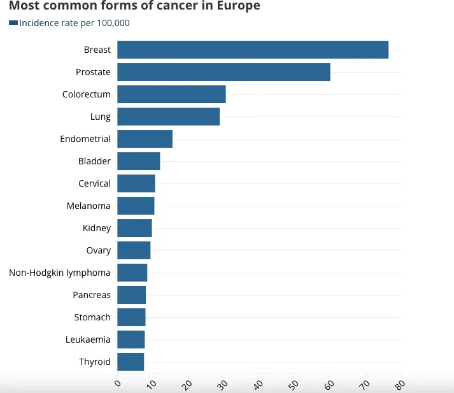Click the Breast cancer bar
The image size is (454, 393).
pos(253,50)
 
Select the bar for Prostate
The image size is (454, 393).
pos(223,72)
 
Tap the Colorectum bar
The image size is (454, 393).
pos(171,94)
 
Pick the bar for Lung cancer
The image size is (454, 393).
pos(169,117)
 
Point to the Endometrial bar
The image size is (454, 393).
pos(145,139)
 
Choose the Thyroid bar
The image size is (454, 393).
pos(131,362)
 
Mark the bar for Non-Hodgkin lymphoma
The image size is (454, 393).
pos(132,273)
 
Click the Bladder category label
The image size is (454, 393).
pos(94,161)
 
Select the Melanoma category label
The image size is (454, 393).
pos(89,206)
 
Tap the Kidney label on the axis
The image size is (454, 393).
pos(97,228)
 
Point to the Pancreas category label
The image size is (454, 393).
pos(92,295)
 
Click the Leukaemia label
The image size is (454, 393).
pos(88,339)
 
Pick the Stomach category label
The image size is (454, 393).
pos(92,317)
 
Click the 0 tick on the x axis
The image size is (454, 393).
pos(118,383)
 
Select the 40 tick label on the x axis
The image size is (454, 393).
pos(258,385)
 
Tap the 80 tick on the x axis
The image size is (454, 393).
pos(400,385)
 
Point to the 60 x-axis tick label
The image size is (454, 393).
pos(329,385)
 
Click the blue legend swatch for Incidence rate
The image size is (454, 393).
pos(13,22)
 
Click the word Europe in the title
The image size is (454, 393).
pos(238,6)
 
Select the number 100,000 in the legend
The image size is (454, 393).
pos(113,23)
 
